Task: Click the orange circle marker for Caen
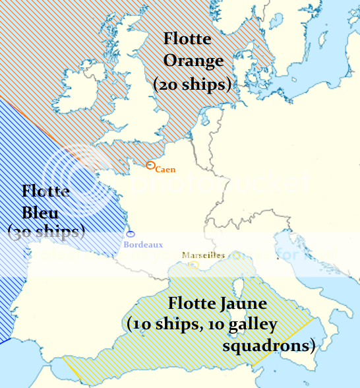click(150, 166)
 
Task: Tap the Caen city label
click(165, 170)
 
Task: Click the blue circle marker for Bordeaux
click(131, 234)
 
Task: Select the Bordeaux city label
click(143, 245)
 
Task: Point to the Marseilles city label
click(203, 255)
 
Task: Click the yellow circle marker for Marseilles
click(194, 265)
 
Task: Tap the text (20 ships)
click(192, 84)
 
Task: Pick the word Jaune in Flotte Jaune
click(243, 304)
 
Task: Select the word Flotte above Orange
click(187, 39)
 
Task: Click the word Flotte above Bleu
click(45, 191)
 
